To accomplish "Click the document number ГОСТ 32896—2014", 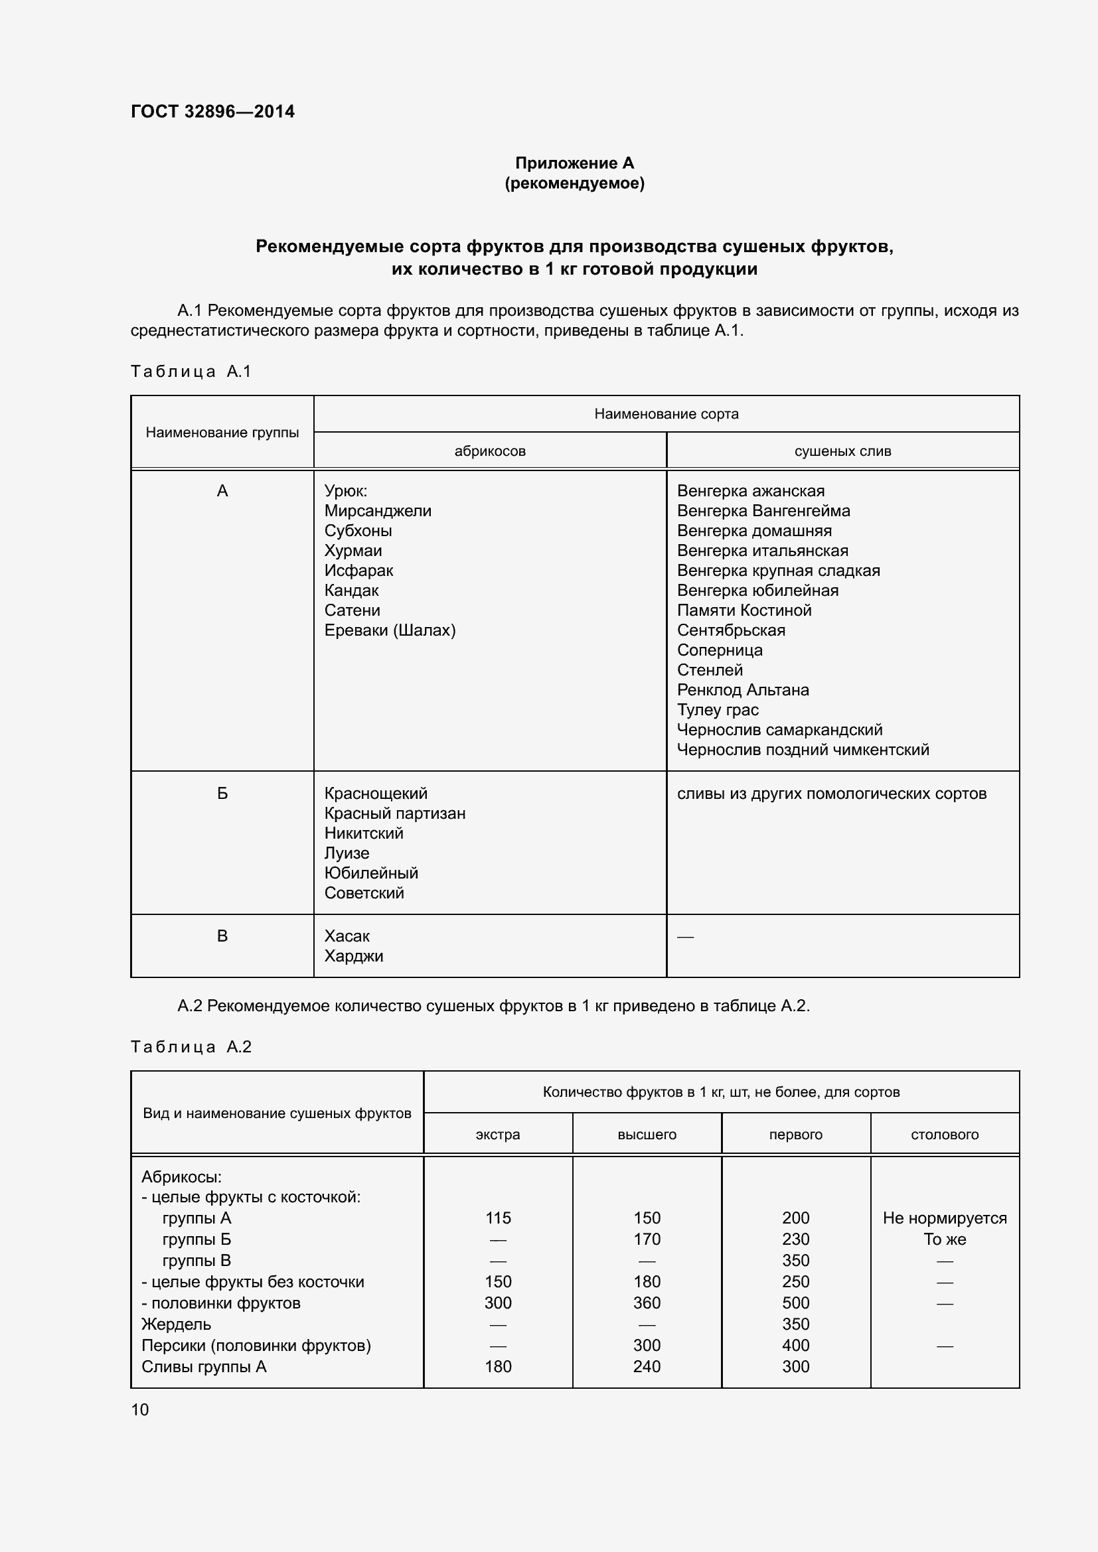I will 212,111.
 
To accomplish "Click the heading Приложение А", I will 574,163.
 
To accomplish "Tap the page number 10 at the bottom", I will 139,1409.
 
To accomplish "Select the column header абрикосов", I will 489,451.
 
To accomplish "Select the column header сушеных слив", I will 842,451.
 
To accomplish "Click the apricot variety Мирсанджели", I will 377,511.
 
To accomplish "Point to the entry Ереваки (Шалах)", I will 390,630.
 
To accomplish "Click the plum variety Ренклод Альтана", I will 742,689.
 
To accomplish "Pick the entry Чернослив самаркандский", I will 779,729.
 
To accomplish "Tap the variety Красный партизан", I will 394,813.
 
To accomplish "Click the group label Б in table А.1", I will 222,794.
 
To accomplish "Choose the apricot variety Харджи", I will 353,955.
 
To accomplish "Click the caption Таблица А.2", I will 191,1047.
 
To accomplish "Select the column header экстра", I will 498,1135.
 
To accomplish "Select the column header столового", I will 944,1135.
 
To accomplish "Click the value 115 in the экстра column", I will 498,1218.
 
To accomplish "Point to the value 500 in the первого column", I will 795,1303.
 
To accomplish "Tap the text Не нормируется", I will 944,1218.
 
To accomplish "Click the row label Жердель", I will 176,1324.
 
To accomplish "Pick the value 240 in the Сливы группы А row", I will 647,1366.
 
